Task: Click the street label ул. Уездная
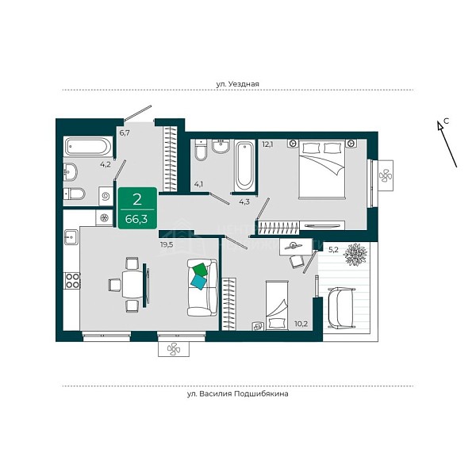(237, 84)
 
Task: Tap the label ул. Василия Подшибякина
(238, 394)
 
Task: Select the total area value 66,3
(136, 219)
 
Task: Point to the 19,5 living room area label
(167, 244)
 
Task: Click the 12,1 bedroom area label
(267, 144)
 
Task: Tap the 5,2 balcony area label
(333, 250)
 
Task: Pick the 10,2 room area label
(301, 324)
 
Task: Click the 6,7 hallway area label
(125, 132)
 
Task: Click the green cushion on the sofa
(200, 270)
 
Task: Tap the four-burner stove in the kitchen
(72, 281)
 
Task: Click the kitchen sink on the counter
(71, 237)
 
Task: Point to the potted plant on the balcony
(355, 255)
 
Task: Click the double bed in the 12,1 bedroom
(322, 170)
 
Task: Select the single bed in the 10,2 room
(277, 305)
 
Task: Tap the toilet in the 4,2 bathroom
(74, 194)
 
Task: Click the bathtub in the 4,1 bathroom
(244, 166)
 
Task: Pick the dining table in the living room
(132, 285)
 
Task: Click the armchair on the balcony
(341, 308)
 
